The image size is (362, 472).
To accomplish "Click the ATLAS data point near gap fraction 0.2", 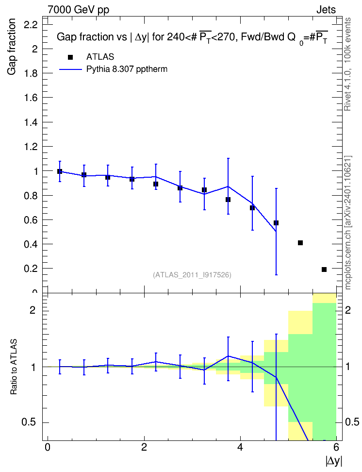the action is (324, 270).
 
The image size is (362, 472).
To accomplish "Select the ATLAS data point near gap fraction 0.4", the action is (300, 243).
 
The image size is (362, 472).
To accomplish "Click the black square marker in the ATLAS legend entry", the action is (70, 57).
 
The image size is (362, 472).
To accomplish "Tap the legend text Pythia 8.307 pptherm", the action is (127, 69).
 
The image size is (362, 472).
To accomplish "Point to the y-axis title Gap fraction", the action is (12, 47).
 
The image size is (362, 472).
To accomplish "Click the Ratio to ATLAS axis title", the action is (14, 367).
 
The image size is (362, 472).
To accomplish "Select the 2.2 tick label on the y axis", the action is (31, 25).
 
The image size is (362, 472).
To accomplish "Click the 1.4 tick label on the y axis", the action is (31, 122).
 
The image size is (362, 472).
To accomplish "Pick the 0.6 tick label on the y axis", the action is (31, 220).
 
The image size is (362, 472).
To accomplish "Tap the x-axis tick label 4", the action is (240, 447).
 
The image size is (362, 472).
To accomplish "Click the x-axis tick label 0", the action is (48, 447).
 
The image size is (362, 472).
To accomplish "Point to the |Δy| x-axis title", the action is (334, 461).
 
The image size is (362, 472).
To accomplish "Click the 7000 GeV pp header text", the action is (78, 10).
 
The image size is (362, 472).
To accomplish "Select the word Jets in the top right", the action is (326, 10).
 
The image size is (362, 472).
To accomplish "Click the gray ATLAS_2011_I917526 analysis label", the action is (192, 275).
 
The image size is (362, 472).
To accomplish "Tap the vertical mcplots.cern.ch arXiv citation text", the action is (348, 222).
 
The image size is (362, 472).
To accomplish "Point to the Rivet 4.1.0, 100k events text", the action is (347, 64).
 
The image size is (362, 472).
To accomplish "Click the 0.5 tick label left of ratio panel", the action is (29, 422).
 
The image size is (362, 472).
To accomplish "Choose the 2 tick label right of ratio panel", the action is (348, 310).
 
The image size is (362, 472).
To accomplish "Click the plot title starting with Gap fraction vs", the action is (192, 37).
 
